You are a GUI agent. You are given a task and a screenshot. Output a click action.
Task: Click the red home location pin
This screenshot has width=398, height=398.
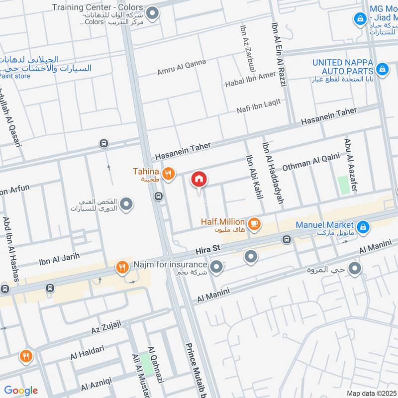click(199, 180)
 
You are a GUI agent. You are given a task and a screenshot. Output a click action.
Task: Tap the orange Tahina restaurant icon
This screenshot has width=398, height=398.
click(169, 173)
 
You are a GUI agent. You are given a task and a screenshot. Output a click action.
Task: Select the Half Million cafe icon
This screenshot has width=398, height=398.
click(254, 224)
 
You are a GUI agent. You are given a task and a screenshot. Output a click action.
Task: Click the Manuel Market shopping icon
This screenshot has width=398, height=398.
click(364, 226)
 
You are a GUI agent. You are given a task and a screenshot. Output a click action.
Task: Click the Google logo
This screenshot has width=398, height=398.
click(21, 391)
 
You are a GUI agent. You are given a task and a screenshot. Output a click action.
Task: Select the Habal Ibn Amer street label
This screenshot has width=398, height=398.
click(250, 79)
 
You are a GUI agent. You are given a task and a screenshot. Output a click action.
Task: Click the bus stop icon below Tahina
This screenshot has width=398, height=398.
click(158, 196)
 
